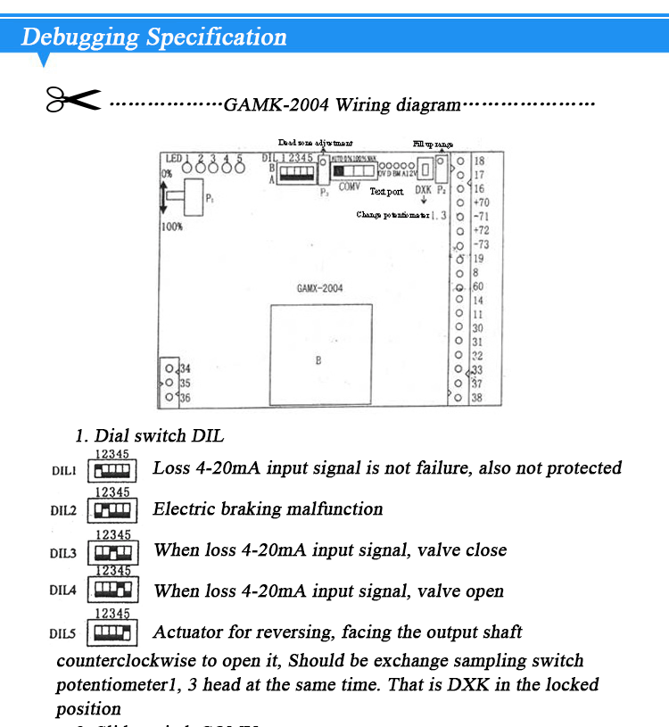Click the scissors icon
click(x=73, y=100)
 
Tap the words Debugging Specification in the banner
click(x=153, y=37)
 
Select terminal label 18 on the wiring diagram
click(x=479, y=161)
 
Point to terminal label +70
click(x=481, y=202)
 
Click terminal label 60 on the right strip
click(x=478, y=286)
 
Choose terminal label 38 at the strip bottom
click(x=476, y=398)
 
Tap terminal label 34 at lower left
click(x=185, y=368)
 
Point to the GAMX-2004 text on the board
click(x=319, y=288)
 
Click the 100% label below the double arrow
click(x=172, y=227)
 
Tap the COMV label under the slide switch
click(x=350, y=186)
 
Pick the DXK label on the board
click(x=424, y=190)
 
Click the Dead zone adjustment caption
click(x=315, y=143)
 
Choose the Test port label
click(x=386, y=191)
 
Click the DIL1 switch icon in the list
click(x=111, y=469)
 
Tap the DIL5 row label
click(x=63, y=633)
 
